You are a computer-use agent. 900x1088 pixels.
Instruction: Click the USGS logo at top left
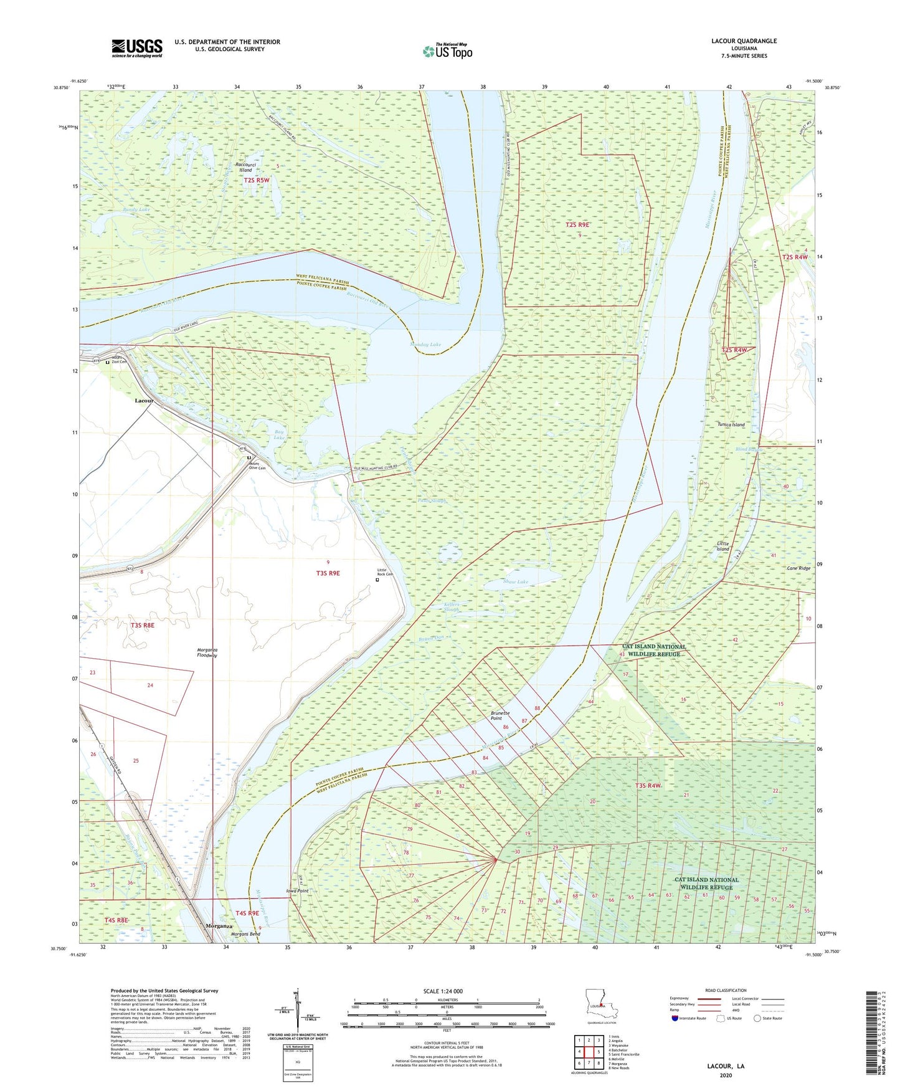point(136,48)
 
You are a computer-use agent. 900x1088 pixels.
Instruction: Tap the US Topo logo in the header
point(447,51)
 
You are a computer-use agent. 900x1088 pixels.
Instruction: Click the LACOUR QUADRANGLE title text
point(744,41)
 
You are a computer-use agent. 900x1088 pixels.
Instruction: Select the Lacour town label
point(144,401)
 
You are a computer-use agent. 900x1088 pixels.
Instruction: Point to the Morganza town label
point(219,926)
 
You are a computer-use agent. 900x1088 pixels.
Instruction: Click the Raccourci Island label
point(245,167)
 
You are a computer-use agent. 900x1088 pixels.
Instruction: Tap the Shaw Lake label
point(515,582)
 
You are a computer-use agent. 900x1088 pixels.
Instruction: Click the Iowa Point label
point(296,891)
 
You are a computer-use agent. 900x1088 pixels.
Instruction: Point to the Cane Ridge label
point(798,568)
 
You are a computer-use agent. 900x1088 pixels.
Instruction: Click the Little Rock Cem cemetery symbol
point(377,580)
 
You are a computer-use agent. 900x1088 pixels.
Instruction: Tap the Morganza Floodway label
point(207,652)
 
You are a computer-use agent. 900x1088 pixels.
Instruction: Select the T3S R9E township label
point(328,573)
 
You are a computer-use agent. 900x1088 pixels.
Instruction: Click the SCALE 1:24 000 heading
point(443,991)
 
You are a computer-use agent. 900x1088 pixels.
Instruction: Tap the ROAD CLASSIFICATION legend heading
point(725,990)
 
